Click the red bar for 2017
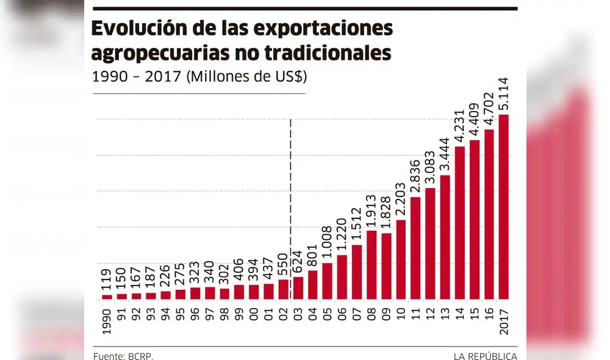[x=503, y=207]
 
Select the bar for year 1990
[x=107, y=297]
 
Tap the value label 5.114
[x=504, y=95]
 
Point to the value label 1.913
[x=371, y=211]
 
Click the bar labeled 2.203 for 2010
[x=401, y=260]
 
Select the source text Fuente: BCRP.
[x=123, y=356]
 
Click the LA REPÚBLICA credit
[x=485, y=356]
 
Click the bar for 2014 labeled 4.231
[x=460, y=223]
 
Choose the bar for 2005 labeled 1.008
[x=328, y=281]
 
